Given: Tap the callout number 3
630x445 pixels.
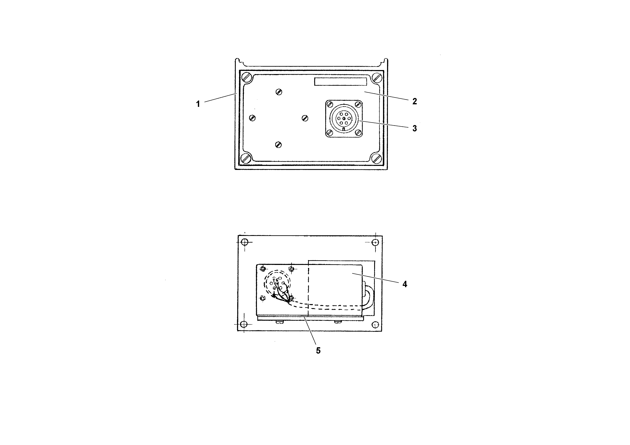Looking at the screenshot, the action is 414,128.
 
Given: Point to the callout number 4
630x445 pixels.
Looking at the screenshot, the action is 405,284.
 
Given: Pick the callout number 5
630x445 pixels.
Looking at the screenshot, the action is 318,351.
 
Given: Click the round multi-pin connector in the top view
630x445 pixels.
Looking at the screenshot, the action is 344,118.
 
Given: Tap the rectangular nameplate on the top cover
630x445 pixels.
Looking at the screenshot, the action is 341,82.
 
